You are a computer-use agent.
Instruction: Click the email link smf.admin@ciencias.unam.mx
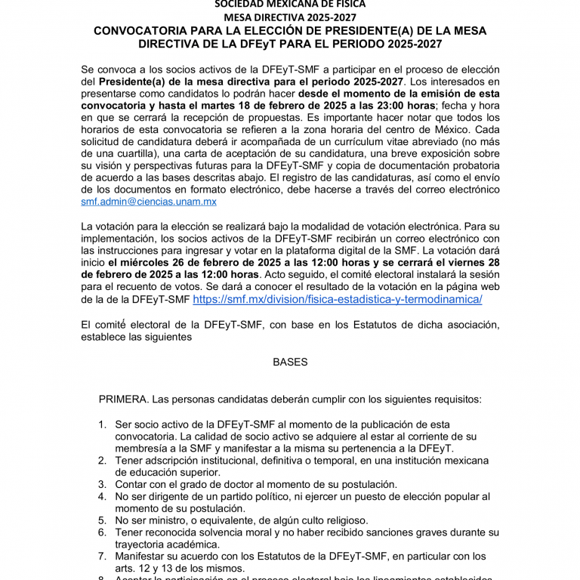coord(149,202)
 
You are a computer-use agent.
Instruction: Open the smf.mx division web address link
coord(338,299)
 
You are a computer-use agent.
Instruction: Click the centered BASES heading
coord(290,362)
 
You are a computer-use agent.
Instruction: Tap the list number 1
coord(102,425)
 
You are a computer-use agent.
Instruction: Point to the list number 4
coord(102,496)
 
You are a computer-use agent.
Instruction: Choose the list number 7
coord(102,556)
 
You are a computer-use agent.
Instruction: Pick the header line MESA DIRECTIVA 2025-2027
coord(290,17)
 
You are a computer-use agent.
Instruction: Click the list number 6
coord(102,532)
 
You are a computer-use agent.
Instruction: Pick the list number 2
coord(102,460)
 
